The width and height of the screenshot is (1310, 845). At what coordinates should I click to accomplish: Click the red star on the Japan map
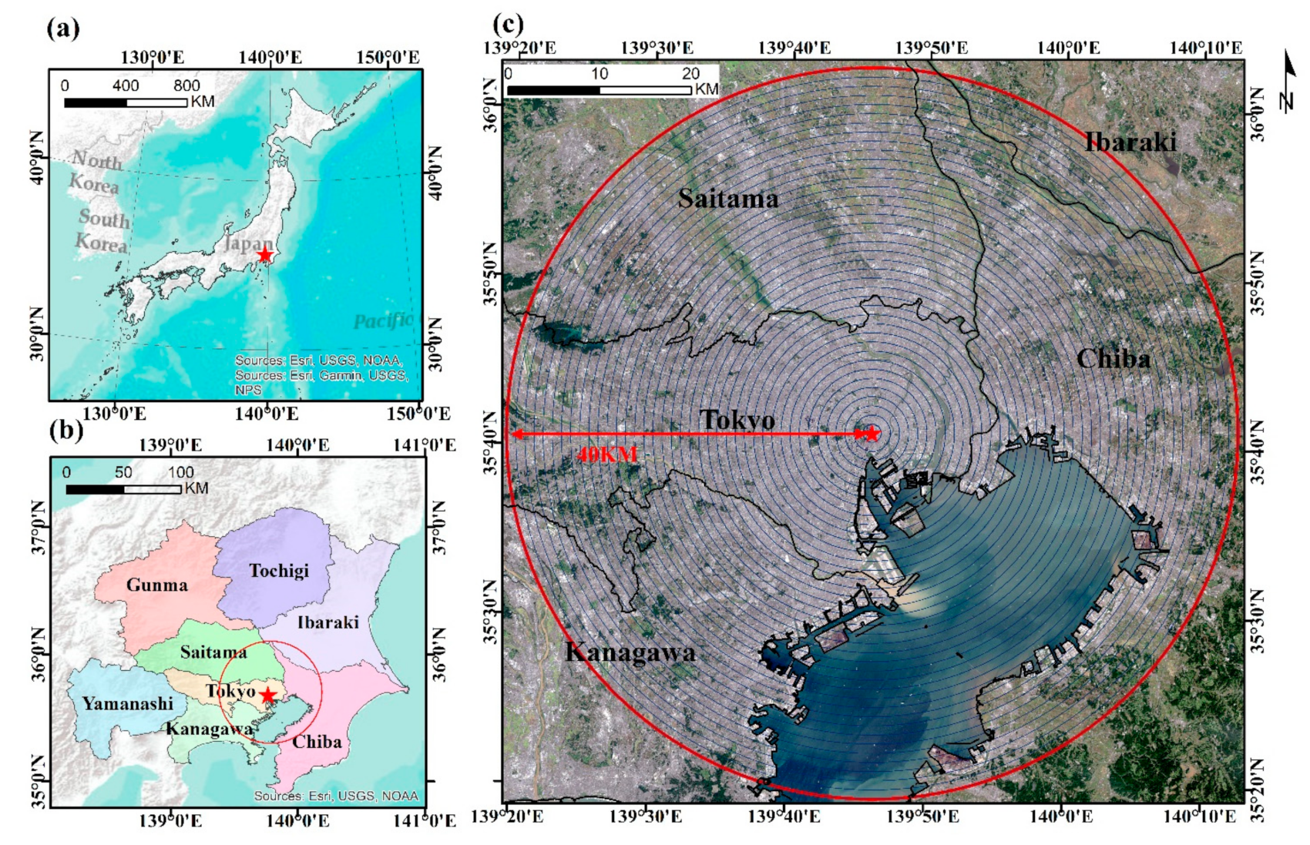pos(265,254)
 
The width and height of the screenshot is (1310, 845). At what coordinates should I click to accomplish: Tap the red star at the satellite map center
pos(872,434)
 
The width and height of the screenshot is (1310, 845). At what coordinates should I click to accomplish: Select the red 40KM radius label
pos(607,454)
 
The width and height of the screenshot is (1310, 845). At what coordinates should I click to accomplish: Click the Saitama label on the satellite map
pos(728,199)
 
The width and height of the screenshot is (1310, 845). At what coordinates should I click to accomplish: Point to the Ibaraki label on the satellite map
pos(1130,142)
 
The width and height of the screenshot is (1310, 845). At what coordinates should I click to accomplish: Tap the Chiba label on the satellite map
pos(1113,358)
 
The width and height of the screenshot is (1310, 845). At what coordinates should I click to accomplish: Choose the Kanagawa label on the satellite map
pos(630,652)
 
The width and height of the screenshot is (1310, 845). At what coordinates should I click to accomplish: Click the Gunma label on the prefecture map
pos(157,585)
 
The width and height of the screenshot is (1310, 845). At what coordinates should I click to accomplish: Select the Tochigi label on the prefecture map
pos(279,571)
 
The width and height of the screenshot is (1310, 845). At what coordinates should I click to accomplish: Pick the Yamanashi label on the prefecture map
pos(128,703)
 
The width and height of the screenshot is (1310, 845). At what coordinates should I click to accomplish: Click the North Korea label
pos(96,172)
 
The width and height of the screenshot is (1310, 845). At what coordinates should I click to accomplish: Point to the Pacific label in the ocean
pos(383,320)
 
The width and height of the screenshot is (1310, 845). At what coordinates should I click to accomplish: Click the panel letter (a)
pos(63,29)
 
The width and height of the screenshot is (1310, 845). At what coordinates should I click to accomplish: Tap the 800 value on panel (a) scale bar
pos(186,86)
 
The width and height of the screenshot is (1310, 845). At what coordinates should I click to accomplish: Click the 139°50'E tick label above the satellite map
pos(931,48)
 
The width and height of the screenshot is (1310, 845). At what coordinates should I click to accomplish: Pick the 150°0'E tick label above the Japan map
pos(388,58)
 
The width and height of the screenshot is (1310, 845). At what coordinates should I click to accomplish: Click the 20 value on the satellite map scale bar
pos(690,74)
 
